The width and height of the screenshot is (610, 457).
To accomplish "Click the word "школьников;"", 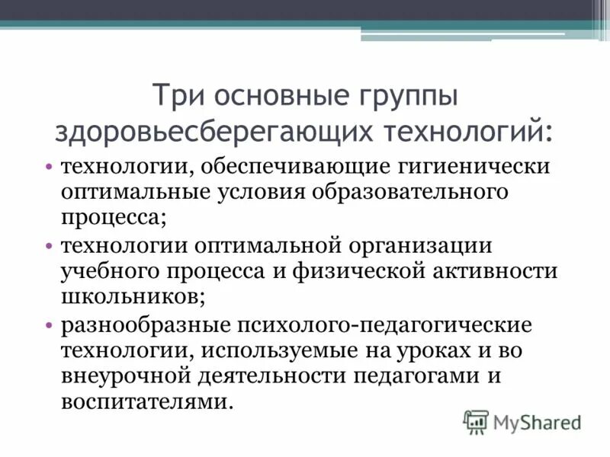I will tap(131, 296).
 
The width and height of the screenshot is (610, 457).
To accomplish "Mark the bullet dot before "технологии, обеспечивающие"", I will tap(48, 165).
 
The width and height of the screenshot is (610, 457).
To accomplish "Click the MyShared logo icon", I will tap(476, 421).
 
